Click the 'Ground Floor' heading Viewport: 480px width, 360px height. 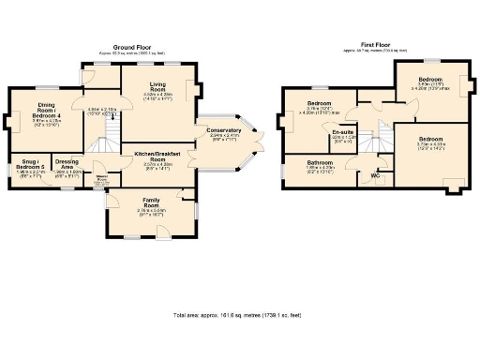coord(133,46)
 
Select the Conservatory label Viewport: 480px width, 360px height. coord(223,129)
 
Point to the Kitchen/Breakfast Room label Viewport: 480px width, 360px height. coord(157,155)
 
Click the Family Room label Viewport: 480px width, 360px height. coord(151,202)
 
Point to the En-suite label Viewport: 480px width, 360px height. coord(342,132)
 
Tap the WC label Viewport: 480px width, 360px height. coord(375,174)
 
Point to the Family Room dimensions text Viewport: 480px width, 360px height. coord(151,212)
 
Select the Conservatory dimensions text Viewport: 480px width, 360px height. coord(223,136)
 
